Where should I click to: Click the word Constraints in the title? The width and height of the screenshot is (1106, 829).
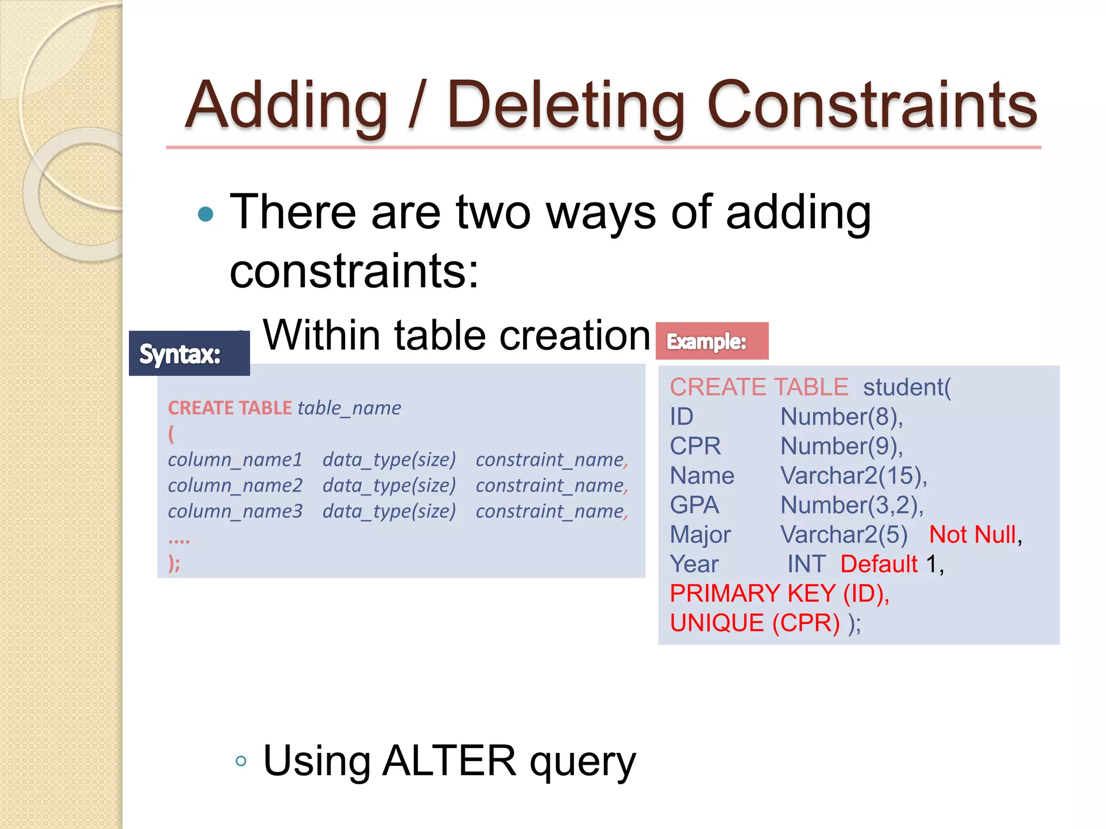coord(872,105)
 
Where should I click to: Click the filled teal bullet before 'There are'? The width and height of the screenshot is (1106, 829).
coord(206,215)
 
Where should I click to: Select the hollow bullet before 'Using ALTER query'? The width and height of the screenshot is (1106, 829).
coord(241,762)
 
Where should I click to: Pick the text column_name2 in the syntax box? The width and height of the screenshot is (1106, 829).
coord(235,485)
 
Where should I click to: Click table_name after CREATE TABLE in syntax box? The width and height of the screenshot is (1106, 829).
coord(349,408)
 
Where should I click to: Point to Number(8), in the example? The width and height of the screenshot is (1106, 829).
coord(841,417)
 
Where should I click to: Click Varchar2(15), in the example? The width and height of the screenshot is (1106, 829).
coord(853,476)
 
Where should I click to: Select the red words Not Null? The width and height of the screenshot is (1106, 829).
coord(972,535)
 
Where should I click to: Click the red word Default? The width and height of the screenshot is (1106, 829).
coord(879,565)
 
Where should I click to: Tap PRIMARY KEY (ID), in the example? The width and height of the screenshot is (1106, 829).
coord(779,594)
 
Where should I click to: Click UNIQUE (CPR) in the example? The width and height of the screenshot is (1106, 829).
coord(754,623)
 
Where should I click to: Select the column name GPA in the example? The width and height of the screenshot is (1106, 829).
coord(694,505)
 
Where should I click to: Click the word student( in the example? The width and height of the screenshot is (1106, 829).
coord(907,388)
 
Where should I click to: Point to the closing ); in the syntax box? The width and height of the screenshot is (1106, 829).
coord(174,563)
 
